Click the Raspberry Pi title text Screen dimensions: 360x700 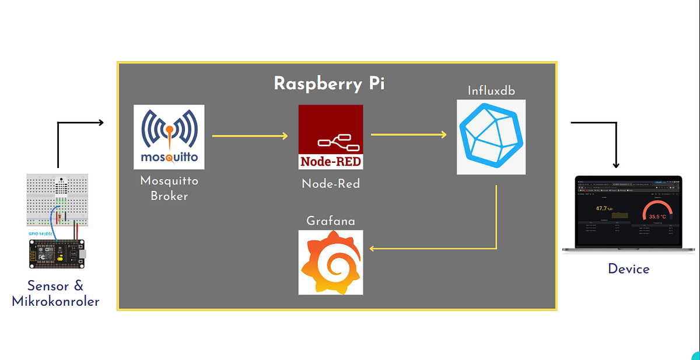pyautogui.click(x=329, y=83)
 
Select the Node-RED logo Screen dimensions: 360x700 pyautogui.click(x=331, y=137)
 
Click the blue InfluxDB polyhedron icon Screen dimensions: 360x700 pyautogui.click(x=491, y=137)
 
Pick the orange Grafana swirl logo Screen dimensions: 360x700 pyautogui.click(x=331, y=262)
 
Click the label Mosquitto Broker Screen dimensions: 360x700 pyautogui.click(x=169, y=188)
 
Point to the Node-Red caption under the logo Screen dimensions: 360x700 pyautogui.click(x=331, y=184)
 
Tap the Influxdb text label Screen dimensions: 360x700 pyautogui.click(x=491, y=91)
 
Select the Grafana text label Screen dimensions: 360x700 pyautogui.click(x=331, y=221)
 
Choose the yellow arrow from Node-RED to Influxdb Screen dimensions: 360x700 pyautogui.click(x=408, y=135)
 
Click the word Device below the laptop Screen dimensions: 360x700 pyautogui.click(x=628, y=269)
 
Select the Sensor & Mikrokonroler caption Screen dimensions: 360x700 pyautogui.click(x=56, y=293)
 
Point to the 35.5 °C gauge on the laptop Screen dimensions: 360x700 pyautogui.click(x=657, y=212)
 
